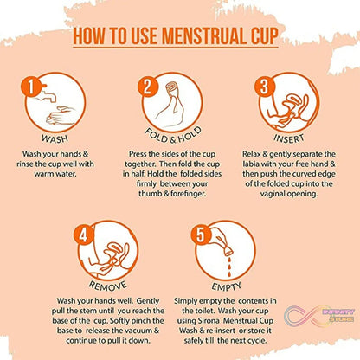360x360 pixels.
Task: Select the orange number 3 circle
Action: [x=262, y=87]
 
